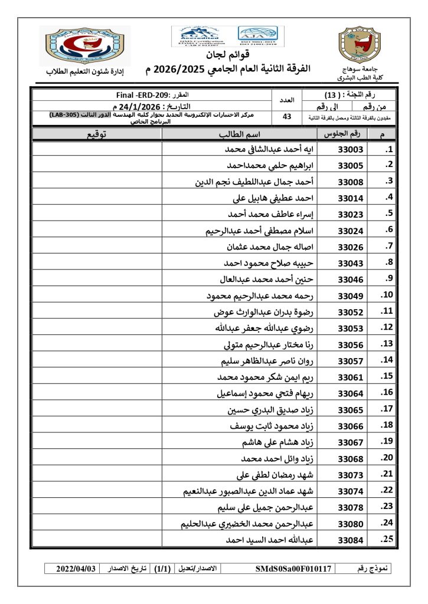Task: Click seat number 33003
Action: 351,150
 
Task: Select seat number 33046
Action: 351,278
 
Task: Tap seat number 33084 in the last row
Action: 351,540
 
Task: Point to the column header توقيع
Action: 97,134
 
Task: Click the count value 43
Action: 287,117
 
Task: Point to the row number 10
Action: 387,295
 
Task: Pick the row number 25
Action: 387,540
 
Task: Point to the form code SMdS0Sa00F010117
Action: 294,569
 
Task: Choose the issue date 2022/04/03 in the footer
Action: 75,569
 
